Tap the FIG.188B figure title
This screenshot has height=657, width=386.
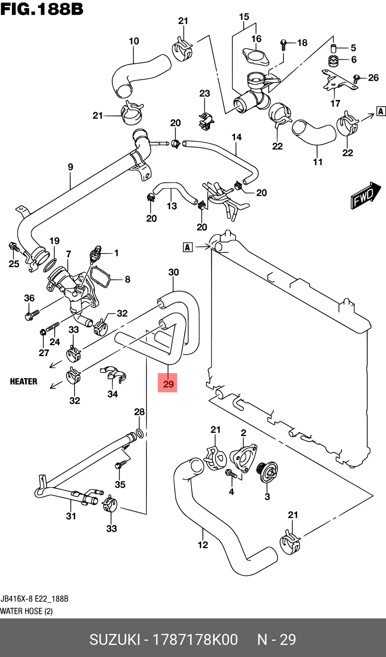42,9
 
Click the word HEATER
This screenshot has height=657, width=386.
23,381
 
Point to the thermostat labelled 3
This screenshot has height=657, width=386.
268,473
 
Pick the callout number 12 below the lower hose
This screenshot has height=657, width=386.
203,545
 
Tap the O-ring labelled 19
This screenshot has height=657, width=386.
50,265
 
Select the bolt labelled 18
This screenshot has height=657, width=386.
283,44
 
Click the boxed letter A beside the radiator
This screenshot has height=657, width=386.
188,247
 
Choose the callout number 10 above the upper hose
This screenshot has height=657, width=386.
134,41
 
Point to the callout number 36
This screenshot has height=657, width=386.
29,298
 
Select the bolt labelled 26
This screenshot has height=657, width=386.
356,79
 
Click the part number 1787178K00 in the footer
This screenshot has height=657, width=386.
195,640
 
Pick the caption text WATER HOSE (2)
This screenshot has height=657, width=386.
26,611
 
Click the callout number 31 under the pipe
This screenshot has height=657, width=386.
71,516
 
